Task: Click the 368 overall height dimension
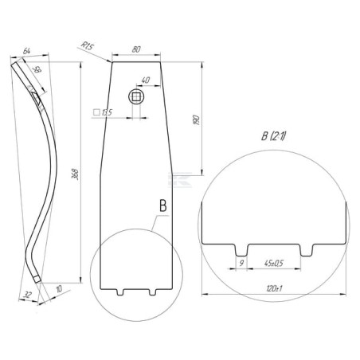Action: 76,174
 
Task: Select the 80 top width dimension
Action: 136,49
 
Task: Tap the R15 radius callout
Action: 88,46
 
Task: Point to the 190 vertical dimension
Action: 197,119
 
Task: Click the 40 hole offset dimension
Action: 146,80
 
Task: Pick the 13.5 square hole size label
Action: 103,112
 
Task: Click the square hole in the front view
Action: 136,97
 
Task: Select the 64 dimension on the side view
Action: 26,51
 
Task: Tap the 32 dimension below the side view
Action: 28,295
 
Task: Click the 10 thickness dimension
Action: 59,289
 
